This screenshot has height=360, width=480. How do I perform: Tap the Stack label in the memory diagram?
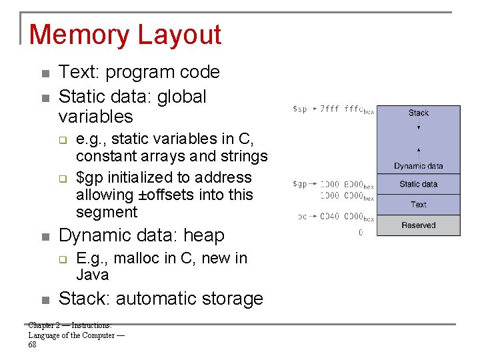click(419, 113)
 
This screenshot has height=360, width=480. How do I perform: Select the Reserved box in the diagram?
click(419, 225)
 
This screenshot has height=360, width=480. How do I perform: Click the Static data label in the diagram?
click(419, 184)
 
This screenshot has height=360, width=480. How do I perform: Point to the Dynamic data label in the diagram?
click(419, 166)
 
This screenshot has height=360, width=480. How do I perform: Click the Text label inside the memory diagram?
click(419, 205)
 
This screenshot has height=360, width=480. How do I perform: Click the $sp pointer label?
click(300, 109)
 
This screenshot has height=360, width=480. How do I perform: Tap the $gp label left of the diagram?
click(300, 184)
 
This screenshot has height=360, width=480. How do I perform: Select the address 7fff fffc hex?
click(347, 109)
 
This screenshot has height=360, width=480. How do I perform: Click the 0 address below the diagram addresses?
click(361, 233)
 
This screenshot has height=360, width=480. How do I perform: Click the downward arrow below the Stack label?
click(419, 126)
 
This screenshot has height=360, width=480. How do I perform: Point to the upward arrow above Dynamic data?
click(419, 151)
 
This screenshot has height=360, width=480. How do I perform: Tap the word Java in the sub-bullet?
click(93, 275)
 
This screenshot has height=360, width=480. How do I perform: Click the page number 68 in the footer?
click(33, 345)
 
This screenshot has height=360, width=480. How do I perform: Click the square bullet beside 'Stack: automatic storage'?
click(45, 299)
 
